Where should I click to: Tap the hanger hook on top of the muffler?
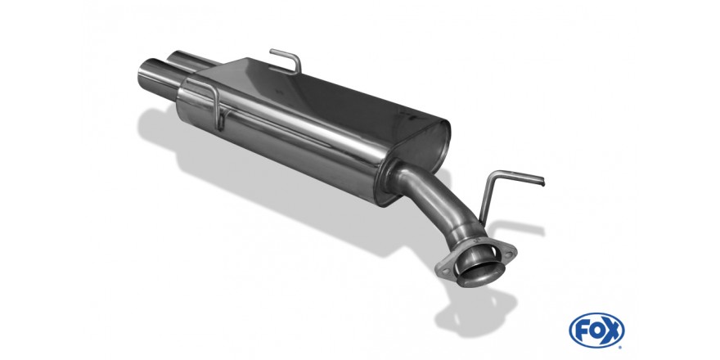286,60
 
